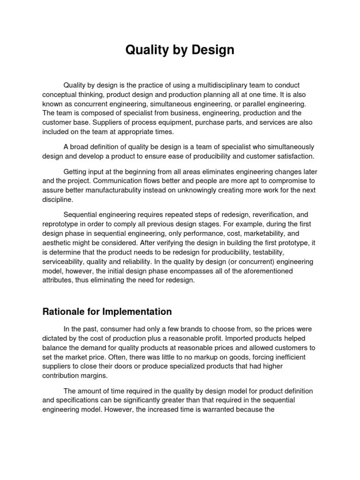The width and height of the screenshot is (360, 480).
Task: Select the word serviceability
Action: pos(66,261)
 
